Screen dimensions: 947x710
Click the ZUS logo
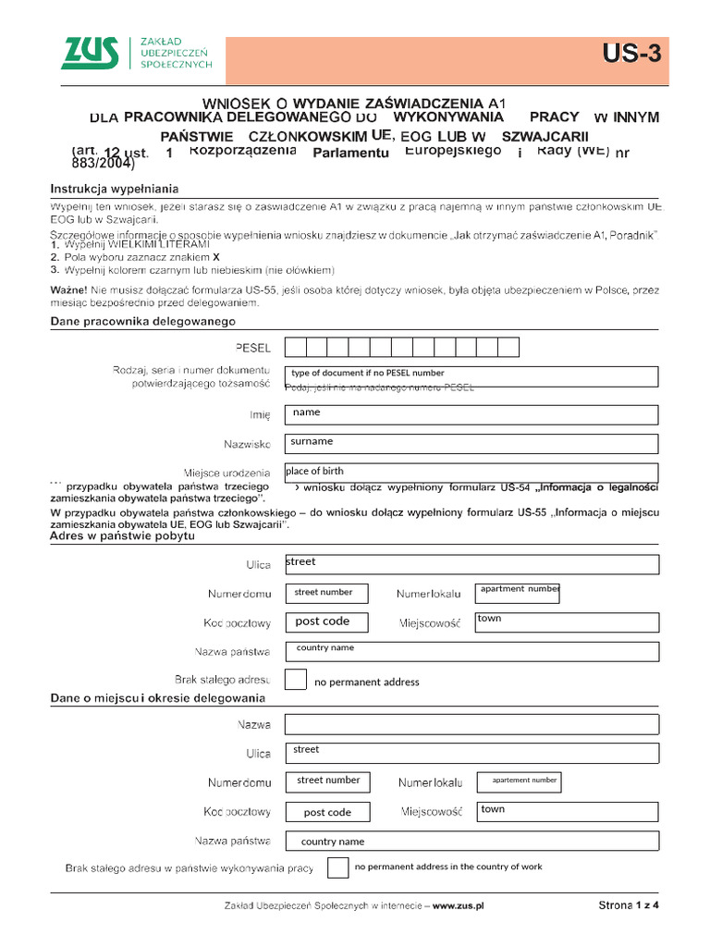tap(90, 54)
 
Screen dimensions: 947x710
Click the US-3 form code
tap(632, 55)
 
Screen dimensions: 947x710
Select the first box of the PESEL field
tap(295, 347)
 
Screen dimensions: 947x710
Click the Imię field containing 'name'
tap(471, 414)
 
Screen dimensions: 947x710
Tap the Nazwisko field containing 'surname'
tap(471, 444)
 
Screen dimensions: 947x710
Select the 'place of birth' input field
tap(471, 473)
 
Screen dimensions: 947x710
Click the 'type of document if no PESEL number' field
tap(471, 375)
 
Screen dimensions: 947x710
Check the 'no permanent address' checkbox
tap(296, 680)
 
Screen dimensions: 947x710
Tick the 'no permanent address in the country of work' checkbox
tap(338, 867)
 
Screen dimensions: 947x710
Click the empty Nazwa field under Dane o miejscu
tap(471, 724)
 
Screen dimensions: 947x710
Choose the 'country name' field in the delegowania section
tap(471, 842)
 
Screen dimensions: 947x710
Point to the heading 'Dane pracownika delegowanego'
tap(142, 321)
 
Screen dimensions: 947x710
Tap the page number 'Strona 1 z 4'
tap(629, 906)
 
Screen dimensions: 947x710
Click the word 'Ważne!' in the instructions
tap(69, 290)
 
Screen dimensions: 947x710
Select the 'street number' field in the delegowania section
tap(328, 781)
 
